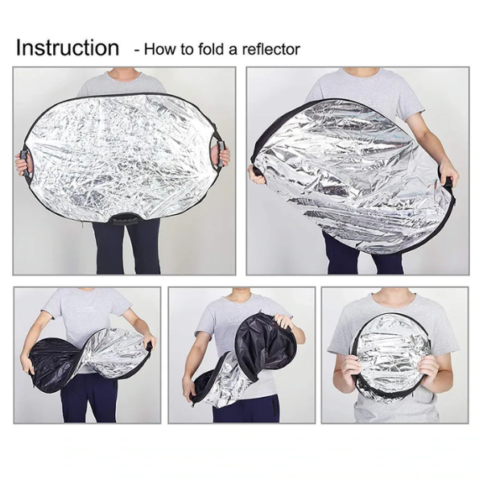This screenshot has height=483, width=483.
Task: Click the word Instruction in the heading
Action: click(68, 47)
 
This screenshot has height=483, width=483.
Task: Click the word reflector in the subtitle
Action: click(271, 49)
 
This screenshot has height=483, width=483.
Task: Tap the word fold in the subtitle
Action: click(210, 49)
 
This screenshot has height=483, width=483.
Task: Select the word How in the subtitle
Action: click(157, 49)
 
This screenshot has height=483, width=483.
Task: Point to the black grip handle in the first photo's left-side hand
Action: click(25, 163)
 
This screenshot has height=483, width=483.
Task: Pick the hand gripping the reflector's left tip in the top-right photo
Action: click(258, 175)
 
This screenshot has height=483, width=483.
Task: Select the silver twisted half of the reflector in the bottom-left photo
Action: click(117, 354)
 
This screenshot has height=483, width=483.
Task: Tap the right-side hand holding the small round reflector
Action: click(430, 369)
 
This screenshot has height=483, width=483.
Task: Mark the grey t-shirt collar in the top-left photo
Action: click(123, 75)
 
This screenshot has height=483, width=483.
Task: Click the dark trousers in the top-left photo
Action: click(126, 246)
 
